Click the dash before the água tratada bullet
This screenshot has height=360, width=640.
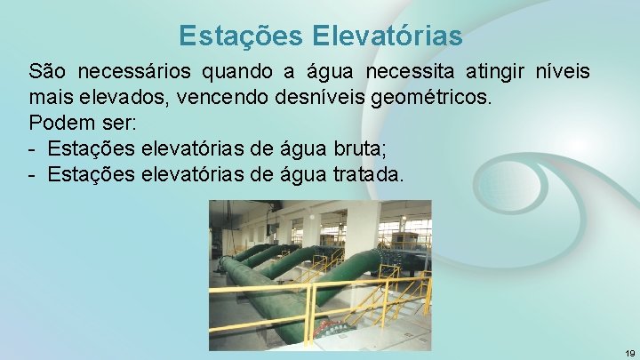coord(33,174)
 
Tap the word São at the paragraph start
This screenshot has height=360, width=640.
coord(47,71)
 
